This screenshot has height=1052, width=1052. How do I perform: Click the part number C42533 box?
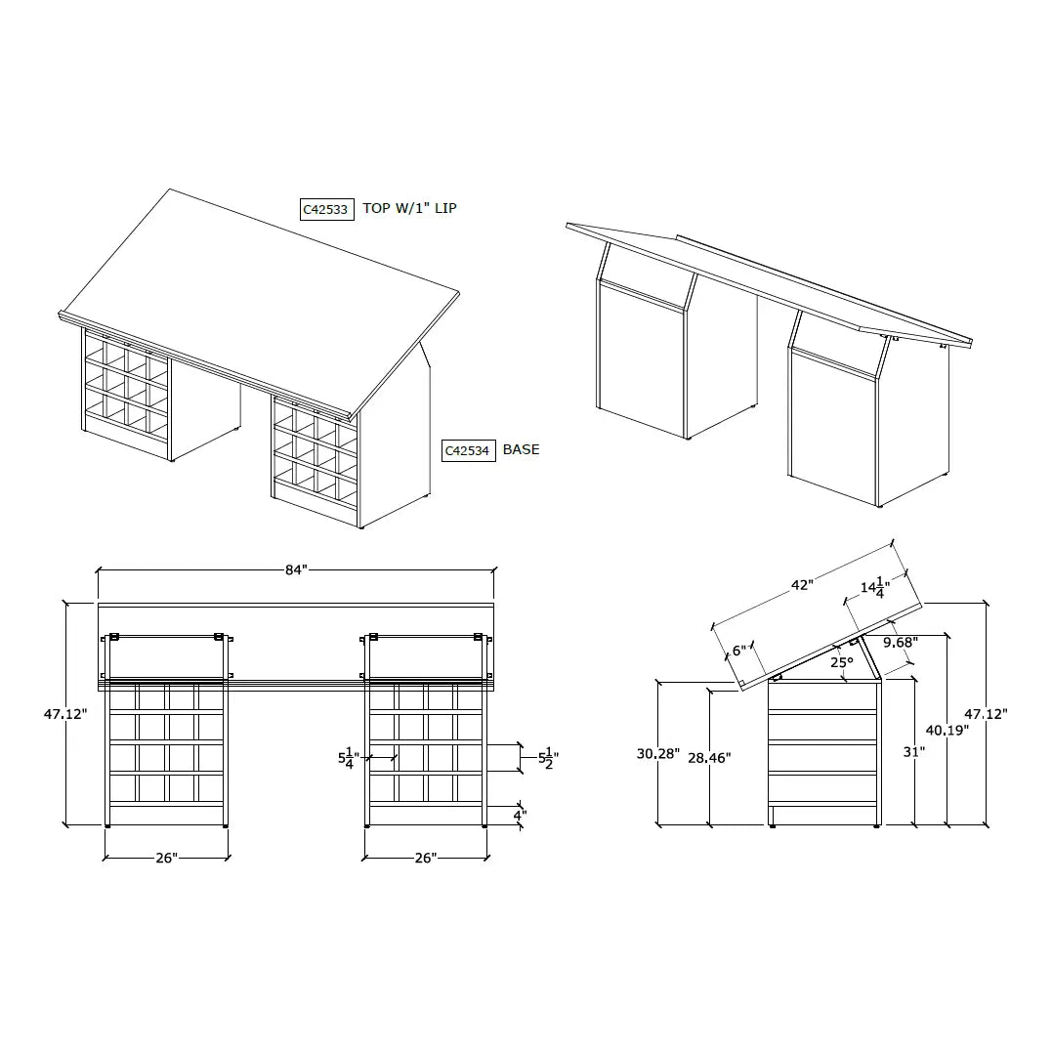[325, 209]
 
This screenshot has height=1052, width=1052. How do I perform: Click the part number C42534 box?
[468, 450]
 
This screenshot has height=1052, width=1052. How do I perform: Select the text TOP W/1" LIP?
[409, 208]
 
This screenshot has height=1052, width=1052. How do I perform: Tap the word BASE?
[521, 449]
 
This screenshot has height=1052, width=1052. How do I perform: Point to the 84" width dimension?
[296, 570]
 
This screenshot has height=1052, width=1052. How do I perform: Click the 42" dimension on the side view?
[802, 585]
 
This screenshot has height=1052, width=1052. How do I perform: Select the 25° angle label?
[841, 661]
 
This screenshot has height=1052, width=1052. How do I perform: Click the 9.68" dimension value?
[900, 643]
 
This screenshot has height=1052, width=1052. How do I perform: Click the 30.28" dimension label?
[656, 753]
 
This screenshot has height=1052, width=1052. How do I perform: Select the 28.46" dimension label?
[708, 757]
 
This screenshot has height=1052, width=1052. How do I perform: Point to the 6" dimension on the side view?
[738, 650]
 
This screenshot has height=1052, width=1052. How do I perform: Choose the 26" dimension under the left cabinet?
[166, 858]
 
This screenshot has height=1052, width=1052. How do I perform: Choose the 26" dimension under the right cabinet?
[425, 858]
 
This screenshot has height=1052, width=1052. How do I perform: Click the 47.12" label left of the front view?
[65, 714]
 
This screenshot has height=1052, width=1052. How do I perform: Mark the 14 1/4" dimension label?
[872, 589]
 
